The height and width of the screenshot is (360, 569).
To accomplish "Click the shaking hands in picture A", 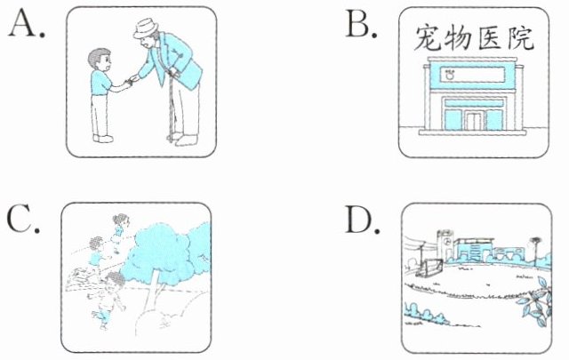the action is point(131,81).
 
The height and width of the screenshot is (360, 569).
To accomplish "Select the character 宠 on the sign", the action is point(429,37).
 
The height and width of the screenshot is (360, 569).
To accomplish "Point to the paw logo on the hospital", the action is point(451,75).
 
